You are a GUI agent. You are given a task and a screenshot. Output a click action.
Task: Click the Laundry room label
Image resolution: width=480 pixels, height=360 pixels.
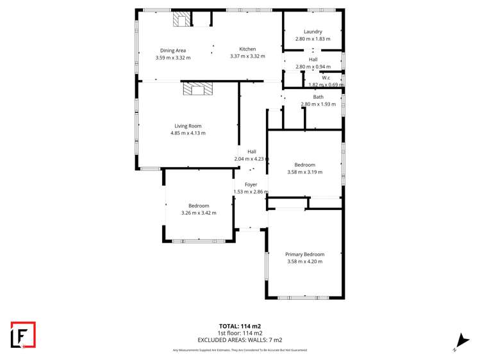(x=313, y=31)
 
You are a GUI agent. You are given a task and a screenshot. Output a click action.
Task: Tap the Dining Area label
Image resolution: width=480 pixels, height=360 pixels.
(x=173, y=50)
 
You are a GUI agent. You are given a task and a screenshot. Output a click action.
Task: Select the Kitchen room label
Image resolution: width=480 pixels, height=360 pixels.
(x=247, y=49)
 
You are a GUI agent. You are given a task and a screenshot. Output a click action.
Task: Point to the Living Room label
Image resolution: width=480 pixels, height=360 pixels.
(x=188, y=126)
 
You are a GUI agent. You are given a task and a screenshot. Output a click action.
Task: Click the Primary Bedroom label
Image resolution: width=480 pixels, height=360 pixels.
(x=304, y=254)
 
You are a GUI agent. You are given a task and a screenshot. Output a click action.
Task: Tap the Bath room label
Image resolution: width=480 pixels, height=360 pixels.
(x=318, y=97)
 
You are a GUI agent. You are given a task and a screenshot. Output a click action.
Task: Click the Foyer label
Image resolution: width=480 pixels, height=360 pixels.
(x=251, y=184)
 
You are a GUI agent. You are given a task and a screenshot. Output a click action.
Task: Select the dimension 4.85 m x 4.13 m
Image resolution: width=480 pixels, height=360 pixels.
(x=188, y=133)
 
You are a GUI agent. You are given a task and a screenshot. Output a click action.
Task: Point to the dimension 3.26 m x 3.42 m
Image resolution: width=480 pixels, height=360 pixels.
(x=199, y=213)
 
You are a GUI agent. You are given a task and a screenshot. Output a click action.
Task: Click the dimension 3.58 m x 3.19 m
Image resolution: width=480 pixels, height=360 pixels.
(x=304, y=172)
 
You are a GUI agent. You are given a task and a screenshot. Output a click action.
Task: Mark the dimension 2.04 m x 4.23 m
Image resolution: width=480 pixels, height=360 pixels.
(x=251, y=159)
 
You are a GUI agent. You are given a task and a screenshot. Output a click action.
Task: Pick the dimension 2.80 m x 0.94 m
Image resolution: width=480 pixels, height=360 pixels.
(x=313, y=67)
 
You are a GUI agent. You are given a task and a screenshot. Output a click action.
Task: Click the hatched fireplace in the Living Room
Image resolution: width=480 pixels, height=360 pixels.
(x=197, y=88)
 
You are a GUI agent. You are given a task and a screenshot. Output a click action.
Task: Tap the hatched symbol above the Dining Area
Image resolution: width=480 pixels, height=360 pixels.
(x=181, y=20)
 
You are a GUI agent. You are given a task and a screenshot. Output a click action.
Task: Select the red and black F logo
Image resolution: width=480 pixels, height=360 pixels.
(x=23, y=335)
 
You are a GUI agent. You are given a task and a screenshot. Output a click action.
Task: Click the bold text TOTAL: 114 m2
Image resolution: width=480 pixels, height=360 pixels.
(x=240, y=326)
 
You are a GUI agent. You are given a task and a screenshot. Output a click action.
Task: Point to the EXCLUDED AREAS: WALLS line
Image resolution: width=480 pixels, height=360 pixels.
(x=240, y=340)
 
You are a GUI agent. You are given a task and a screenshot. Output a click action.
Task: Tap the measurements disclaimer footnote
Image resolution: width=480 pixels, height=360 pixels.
(x=240, y=350)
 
